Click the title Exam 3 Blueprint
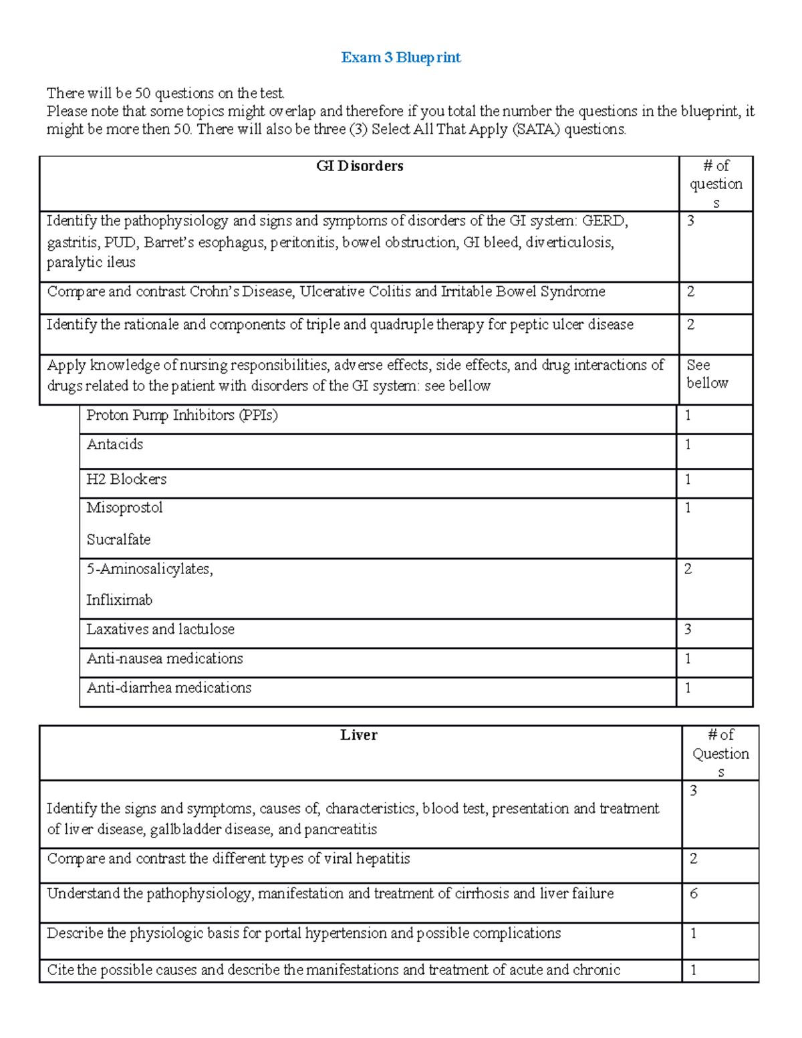point(400,57)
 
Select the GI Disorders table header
point(360,166)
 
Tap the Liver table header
point(359,735)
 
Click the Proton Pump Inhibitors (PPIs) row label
point(182,415)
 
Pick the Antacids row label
point(114,444)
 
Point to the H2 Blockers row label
point(126,479)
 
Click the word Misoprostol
point(124,508)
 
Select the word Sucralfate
point(118,539)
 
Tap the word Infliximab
point(119,600)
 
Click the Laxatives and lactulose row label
point(160,630)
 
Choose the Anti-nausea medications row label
point(164,659)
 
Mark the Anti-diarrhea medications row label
point(168,688)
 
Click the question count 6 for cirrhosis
point(694,894)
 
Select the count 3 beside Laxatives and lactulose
point(688,630)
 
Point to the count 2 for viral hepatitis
point(694,859)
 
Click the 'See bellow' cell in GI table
point(707,374)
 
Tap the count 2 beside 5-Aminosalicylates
point(688,569)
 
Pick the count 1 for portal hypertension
point(694,934)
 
